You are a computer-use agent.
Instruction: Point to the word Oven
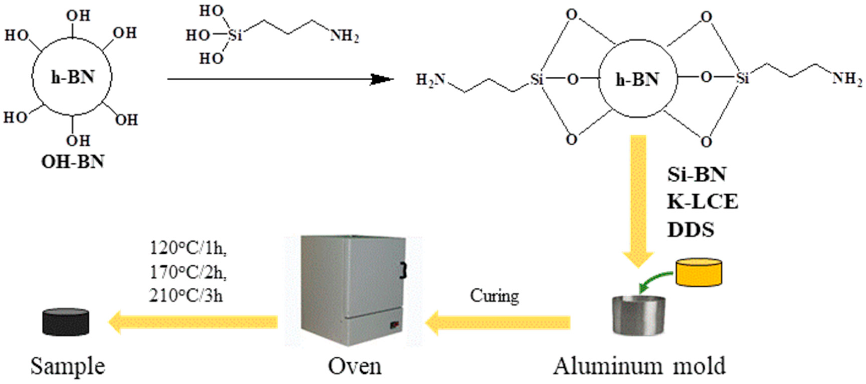(x=354, y=366)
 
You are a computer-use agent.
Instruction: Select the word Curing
(x=494, y=296)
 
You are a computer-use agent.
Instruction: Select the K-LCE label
(x=703, y=202)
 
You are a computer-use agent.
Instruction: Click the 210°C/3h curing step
(x=186, y=296)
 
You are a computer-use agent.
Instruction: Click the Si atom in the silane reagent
(x=235, y=35)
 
